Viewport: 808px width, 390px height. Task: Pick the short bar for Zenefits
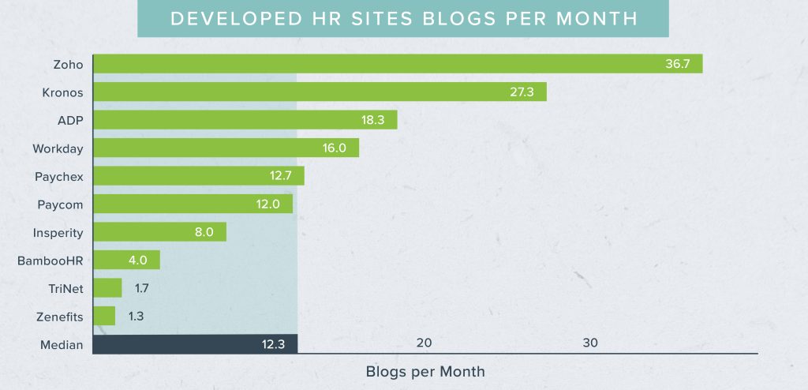tap(104, 317)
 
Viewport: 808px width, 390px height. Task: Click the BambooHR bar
tap(126, 261)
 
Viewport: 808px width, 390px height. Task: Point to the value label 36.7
tap(677, 64)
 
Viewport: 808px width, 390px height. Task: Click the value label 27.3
tap(522, 92)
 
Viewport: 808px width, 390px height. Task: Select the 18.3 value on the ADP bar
tap(372, 120)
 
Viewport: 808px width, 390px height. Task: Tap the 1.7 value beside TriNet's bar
tap(141, 288)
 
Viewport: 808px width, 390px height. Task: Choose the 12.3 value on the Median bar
tap(274, 344)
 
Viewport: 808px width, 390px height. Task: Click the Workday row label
tap(58, 148)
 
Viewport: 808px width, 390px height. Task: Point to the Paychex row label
tap(59, 176)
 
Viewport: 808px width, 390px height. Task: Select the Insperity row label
tap(58, 232)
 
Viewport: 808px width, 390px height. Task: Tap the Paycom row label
tap(60, 204)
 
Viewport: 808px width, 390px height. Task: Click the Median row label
tap(62, 344)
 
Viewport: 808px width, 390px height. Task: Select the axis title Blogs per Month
tap(425, 371)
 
